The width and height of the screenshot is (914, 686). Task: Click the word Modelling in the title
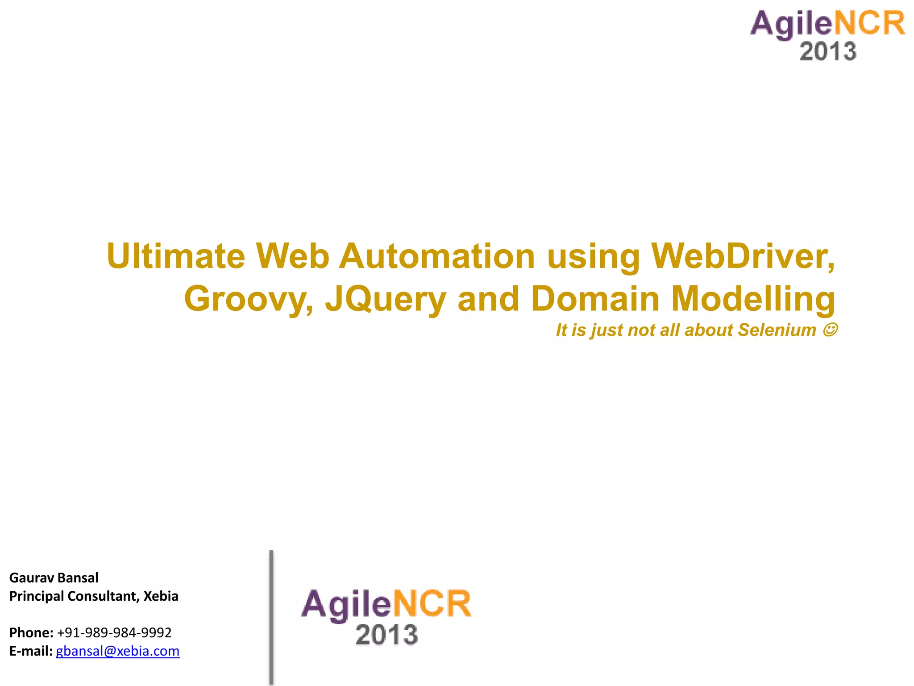point(753,299)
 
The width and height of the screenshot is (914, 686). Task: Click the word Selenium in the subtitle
point(777,330)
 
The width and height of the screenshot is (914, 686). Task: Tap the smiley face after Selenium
point(830,330)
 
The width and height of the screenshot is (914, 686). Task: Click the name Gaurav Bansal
point(54,578)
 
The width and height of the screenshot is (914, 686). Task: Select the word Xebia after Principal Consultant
point(161,596)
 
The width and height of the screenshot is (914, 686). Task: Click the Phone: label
point(31,633)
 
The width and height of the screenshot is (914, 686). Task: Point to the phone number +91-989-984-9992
point(114,633)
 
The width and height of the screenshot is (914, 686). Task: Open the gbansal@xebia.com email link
point(117,651)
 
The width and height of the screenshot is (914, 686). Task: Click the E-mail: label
point(31,651)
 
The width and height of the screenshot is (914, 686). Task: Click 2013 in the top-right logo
point(828,51)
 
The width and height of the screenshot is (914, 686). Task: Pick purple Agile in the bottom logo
point(346,604)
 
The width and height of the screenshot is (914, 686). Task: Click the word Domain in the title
point(595,299)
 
